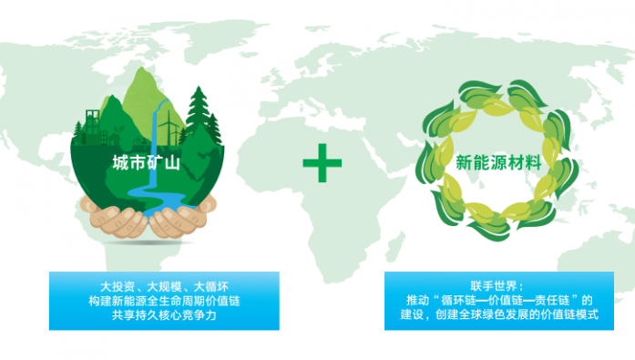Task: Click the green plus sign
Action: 323,164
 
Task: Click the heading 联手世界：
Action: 497,286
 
